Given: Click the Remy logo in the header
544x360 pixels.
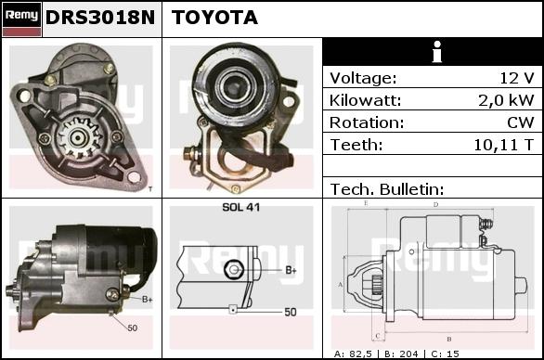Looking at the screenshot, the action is [x=21, y=19].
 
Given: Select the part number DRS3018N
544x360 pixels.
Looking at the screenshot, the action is [x=100, y=18].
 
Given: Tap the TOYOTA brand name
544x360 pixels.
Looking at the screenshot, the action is [x=214, y=18].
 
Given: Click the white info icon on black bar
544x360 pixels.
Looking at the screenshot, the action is [x=437, y=52].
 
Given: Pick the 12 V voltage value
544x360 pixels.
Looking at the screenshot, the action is [x=516, y=78].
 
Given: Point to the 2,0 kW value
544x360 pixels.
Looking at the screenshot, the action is [x=506, y=100].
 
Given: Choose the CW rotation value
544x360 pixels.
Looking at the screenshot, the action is [x=521, y=122].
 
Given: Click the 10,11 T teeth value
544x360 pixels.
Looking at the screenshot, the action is [x=503, y=145].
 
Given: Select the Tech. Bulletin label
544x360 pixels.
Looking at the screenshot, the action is [x=387, y=189].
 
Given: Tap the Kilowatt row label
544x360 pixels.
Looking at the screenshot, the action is [x=365, y=100].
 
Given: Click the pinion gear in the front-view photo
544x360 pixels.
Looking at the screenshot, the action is [x=78, y=137].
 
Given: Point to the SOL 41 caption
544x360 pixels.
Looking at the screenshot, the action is [x=240, y=208].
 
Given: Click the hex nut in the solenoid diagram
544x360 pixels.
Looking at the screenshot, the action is [x=234, y=269].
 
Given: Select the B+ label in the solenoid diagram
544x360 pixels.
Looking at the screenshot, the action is [x=291, y=270].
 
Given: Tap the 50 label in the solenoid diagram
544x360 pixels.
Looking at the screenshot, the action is [x=291, y=312].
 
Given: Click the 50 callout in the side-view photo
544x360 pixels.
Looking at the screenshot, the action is [x=132, y=328].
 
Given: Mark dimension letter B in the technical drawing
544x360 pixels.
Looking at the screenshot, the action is [x=449, y=340].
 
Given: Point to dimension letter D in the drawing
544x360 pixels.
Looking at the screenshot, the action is [x=436, y=205].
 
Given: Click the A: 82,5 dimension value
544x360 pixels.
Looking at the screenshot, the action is [x=353, y=354].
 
